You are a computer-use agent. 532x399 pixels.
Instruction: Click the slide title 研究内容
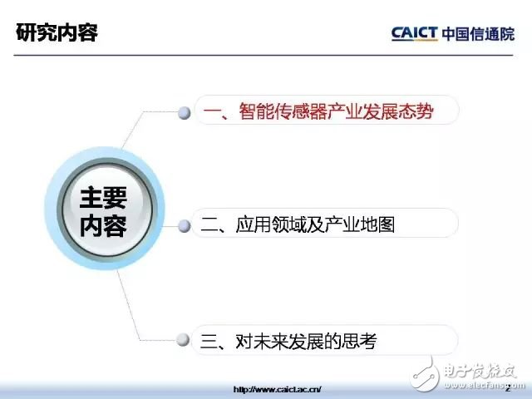point(57,32)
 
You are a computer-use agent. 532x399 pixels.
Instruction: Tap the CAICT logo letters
point(414,33)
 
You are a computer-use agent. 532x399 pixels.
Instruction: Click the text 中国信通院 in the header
point(479,34)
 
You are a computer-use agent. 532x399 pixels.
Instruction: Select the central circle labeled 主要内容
point(105,209)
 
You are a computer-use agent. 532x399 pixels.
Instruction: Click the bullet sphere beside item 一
point(185,113)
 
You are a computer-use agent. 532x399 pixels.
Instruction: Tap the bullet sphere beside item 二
point(185,226)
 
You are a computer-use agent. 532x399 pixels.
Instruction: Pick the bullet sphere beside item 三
point(183,340)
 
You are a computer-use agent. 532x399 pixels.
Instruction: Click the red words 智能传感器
point(283,111)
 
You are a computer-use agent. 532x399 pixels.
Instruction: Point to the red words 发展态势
point(398,111)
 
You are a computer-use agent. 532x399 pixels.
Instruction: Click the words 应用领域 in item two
point(271,224)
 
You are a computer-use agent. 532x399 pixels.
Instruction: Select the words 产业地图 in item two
point(360,224)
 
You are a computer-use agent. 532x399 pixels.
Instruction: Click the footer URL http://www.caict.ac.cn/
point(277,389)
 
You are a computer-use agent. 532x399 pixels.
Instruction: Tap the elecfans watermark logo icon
point(425,374)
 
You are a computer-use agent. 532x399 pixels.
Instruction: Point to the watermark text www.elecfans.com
point(485,386)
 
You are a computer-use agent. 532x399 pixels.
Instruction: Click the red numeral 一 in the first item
point(212,112)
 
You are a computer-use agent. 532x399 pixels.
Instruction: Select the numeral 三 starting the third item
point(209,342)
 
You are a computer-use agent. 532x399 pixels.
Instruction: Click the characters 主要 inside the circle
point(103,198)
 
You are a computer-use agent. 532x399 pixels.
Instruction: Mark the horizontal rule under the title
point(264,55)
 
